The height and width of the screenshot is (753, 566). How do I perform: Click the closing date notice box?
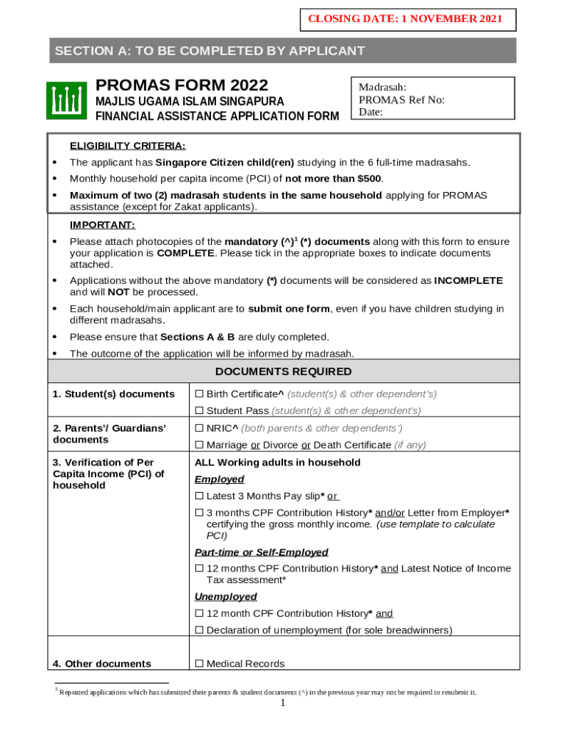click(x=408, y=20)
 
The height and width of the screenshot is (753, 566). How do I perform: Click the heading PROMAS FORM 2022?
click(x=182, y=85)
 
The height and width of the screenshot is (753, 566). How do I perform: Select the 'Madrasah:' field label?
click(x=382, y=88)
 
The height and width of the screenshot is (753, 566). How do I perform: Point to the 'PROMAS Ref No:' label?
click(x=401, y=100)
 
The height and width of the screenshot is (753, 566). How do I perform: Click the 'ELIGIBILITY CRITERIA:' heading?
click(x=127, y=146)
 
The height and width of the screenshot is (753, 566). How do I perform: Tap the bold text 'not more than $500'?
click(x=334, y=179)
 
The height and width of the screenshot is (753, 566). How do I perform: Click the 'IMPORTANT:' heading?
click(x=102, y=225)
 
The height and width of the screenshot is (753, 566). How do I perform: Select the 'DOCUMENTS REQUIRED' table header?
click(x=283, y=372)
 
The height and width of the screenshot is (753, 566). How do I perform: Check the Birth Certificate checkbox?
click(x=198, y=394)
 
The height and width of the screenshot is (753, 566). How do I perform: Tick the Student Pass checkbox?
click(x=198, y=411)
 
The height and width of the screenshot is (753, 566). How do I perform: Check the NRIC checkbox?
click(x=198, y=428)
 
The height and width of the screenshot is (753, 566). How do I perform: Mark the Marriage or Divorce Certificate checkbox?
click(x=198, y=445)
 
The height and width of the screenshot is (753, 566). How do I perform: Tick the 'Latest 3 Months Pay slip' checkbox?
click(x=198, y=496)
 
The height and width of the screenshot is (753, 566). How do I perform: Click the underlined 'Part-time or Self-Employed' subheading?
click(x=261, y=552)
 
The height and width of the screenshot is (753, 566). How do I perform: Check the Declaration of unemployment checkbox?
click(x=198, y=630)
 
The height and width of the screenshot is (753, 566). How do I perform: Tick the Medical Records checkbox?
click(x=198, y=664)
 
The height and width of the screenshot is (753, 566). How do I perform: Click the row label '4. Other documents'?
click(x=101, y=664)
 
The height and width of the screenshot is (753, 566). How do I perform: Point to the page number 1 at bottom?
click(x=283, y=703)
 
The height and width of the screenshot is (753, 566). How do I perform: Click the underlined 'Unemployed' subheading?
click(x=226, y=597)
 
